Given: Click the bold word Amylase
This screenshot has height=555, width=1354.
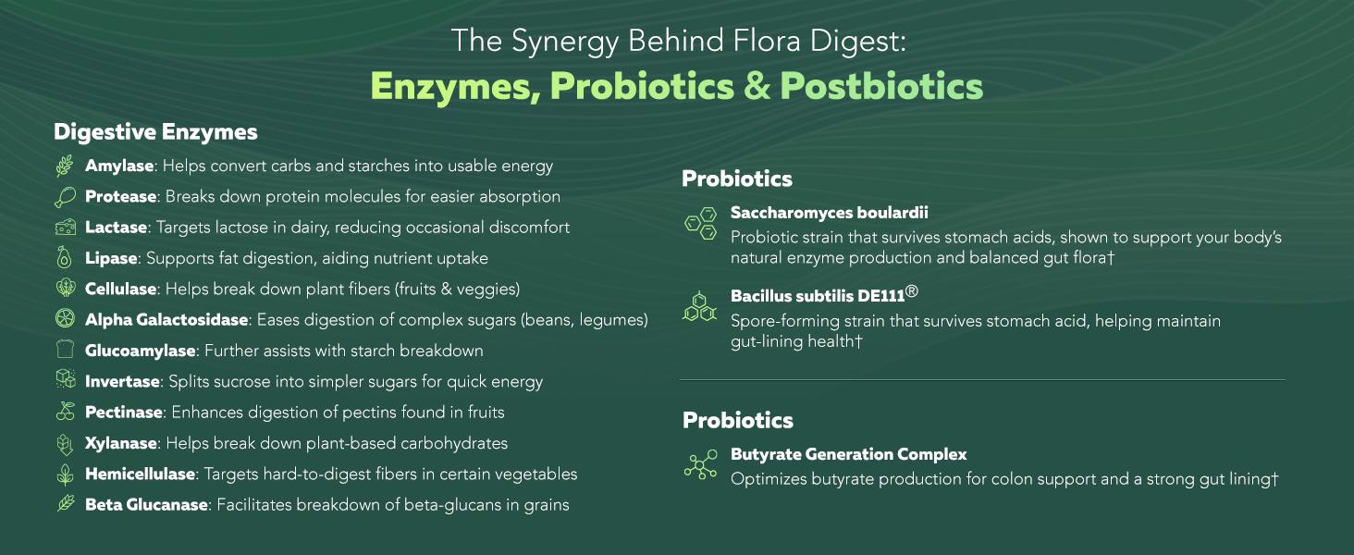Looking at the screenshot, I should [118, 166].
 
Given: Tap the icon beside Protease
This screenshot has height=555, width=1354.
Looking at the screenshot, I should [65, 197].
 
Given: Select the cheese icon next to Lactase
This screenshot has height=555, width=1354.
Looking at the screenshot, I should [65, 228].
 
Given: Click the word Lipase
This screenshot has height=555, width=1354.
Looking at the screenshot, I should [111, 259].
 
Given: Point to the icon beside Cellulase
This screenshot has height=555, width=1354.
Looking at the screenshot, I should [65, 289].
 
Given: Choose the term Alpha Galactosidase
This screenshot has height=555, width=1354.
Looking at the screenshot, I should [166, 320].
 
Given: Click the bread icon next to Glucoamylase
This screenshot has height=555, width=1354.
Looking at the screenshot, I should [65, 351].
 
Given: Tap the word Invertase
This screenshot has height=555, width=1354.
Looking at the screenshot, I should [121, 382].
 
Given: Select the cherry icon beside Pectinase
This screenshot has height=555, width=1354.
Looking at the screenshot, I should [65, 412].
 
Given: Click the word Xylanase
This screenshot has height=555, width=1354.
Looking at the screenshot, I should [120, 443].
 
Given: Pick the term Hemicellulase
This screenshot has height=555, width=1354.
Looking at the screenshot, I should [140, 475].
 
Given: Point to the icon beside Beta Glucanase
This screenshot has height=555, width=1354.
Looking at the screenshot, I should [65, 504].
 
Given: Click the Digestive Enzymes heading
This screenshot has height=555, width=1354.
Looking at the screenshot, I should [155, 132].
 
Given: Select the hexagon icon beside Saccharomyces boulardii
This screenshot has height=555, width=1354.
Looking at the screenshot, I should [700, 224].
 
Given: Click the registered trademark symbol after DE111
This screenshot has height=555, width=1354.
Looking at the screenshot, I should [911, 292].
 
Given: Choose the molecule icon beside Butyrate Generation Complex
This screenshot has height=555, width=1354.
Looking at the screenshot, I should [700, 465].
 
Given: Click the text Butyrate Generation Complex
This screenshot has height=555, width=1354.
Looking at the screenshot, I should [848, 455].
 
